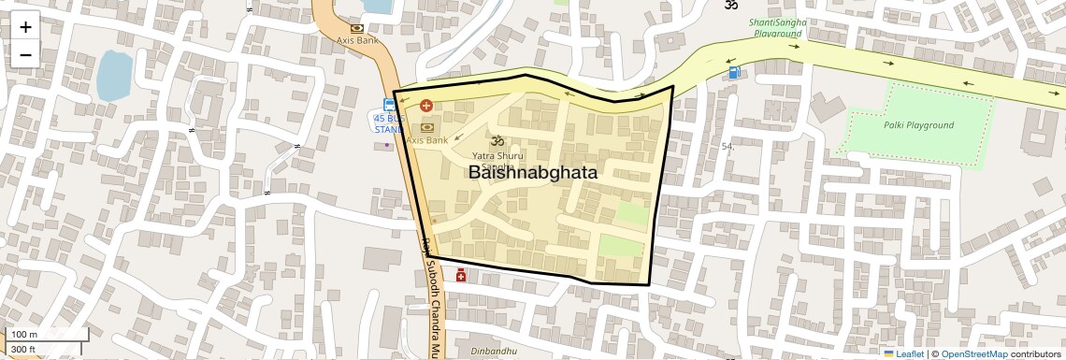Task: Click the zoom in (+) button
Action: coord(25,26)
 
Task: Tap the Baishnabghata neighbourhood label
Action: coord(532,173)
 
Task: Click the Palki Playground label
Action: coord(918,125)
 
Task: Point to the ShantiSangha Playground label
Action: coord(778,28)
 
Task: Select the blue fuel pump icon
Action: coord(736,72)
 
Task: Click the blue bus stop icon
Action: coord(388,105)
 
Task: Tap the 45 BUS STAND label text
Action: coord(389,124)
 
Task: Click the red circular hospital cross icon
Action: coord(426,107)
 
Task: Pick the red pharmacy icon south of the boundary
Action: coord(461,275)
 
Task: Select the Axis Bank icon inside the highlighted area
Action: coord(428,126)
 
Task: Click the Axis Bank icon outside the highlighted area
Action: coord(357,28)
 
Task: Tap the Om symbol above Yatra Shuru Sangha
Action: coord(497,139)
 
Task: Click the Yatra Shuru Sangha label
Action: coord(498,159)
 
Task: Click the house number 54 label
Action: coord(727,147)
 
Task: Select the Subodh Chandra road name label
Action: coord(433,299)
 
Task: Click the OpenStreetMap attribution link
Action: coord(973,354)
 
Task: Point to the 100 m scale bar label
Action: coord(24,335)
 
